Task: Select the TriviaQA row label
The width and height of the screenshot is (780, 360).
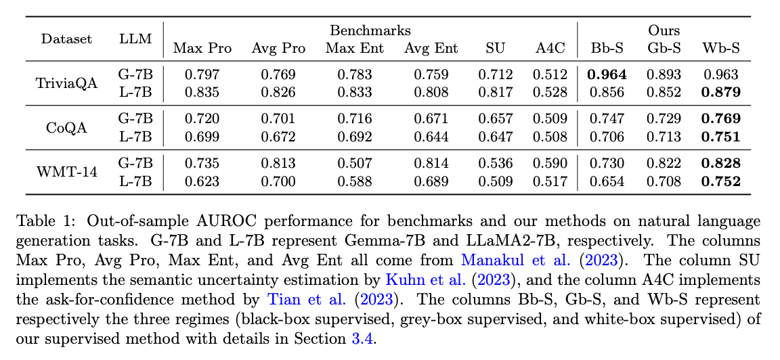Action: point(66,83)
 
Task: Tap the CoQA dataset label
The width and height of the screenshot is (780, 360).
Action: point(66,128)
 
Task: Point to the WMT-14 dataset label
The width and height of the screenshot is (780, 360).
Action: point(66,172)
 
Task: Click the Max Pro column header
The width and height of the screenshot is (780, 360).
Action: point(202,48)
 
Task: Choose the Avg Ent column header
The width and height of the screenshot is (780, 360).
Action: point(431,48)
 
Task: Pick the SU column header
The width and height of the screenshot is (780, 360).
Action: point(495,48)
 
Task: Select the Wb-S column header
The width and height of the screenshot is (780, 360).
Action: point(720,48)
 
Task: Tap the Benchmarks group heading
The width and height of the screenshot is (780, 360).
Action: point(370,30)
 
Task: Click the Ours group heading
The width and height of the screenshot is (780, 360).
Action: point(664,30)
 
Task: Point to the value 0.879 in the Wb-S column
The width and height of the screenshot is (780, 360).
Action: point(720,92)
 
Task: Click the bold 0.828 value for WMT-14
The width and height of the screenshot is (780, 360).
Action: point(720,163)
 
